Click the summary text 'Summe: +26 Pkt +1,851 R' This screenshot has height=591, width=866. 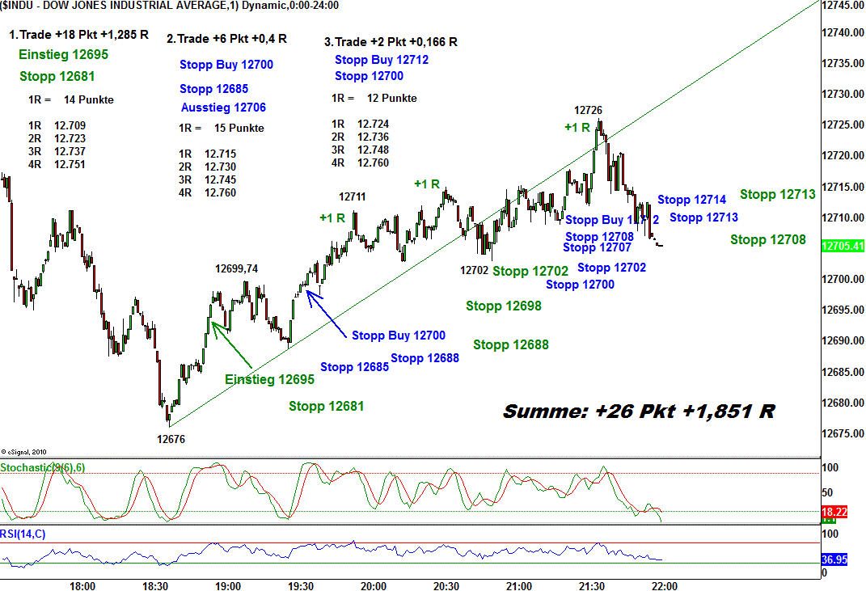(x=639, y=411)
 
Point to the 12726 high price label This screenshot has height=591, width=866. (x=588, y=110)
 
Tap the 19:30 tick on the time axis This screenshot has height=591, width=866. (x=300, y=585)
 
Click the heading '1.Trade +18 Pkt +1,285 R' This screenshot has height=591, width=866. (x=78, y=35)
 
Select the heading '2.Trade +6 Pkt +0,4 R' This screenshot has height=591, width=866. (x=226, y=39)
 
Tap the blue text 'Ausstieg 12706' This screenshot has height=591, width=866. (x=223, y=108)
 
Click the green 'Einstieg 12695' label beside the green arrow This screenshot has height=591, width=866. (x=269, y=379)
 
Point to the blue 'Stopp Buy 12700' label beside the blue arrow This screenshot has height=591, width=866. (x=398, y=336)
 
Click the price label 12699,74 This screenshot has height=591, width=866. (x=236, y=269)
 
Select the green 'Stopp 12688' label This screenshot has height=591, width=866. (x=510, y=345)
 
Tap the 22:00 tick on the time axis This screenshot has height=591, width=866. (x=664, y=585)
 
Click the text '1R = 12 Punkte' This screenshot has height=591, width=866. (x=374, y=98)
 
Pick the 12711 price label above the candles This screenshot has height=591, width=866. (x=352, y=196)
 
